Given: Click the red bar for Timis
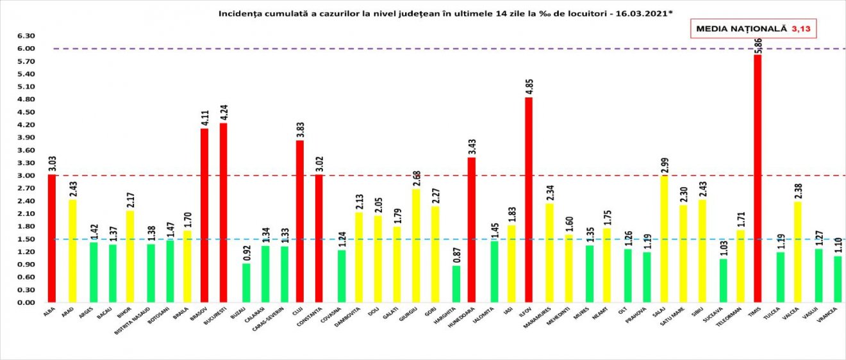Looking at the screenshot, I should (758, 179).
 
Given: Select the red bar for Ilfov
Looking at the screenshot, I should (529, 200).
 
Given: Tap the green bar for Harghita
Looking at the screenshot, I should (456, 284).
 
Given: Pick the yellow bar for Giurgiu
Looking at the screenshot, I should (416, 246).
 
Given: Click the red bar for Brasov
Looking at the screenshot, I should (204, 215).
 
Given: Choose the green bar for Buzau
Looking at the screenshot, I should (246, 282).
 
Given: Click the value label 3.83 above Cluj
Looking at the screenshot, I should (299, 127).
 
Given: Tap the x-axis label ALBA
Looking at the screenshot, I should (49, 313).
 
